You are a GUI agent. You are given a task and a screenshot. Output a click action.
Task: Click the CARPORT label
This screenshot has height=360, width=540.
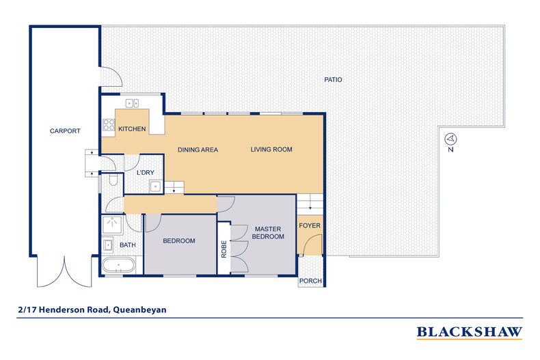tap(65, 130)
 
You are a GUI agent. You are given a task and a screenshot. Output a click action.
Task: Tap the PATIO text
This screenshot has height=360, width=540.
tap(333, 79)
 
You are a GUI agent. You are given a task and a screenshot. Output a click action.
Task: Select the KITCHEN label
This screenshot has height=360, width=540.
tap(132, 128)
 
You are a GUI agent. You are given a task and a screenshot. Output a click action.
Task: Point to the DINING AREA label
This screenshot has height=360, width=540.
tap(198, 150)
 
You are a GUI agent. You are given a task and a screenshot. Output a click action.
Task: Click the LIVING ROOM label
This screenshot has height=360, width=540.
tap(271, 150)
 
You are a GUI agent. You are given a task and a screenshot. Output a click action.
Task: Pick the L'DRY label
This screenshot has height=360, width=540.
tap(146, 172)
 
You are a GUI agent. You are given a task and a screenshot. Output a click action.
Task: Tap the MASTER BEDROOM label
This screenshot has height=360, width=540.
tap(268, 233)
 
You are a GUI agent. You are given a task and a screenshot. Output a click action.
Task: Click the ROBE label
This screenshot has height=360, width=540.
tap(224, 249)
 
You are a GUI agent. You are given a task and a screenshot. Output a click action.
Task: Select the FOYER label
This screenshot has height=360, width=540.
tap(310, 225)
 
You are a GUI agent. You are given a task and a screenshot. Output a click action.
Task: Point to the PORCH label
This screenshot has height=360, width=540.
tap(310, 281)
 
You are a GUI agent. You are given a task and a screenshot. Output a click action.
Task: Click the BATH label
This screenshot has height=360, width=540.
tap(127, 245)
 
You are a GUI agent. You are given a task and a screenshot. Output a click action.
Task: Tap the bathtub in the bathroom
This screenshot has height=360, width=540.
tap(118, 265)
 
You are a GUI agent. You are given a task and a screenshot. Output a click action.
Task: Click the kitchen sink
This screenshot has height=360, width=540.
tap(132, 103)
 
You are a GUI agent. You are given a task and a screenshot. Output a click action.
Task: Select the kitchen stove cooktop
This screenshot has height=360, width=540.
tap(109, 124)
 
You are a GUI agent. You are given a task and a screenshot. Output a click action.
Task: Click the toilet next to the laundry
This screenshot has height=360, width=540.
tap(113, 180)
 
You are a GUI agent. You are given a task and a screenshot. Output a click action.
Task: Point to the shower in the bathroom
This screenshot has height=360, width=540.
tap(112, 225)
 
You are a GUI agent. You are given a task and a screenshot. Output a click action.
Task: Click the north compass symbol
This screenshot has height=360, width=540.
tap(451, 139)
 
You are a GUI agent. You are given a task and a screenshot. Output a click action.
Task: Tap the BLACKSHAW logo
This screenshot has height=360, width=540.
tap(470, 333)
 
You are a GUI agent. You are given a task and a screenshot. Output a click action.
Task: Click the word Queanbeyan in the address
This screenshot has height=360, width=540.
tap(140, 309)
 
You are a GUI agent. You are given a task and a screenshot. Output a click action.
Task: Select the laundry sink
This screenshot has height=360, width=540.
tap(155, 186)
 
